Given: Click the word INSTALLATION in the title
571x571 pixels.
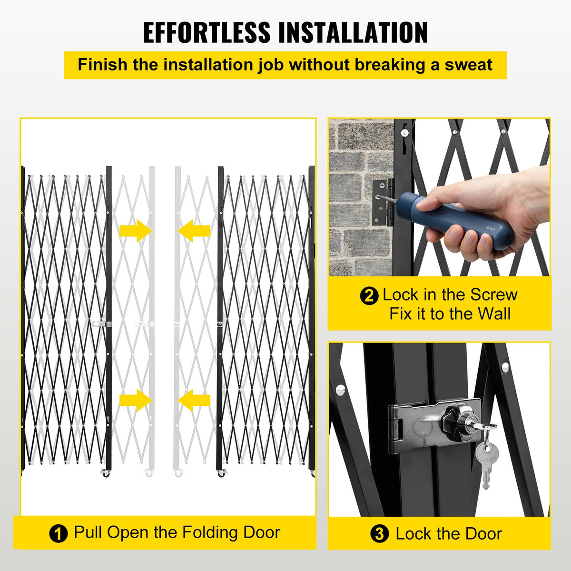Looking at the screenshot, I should coord(353,32).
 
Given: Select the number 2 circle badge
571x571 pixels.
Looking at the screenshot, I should coord(369,295).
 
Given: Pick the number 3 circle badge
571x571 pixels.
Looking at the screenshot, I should coord(379,534).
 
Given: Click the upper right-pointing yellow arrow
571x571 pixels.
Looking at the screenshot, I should coord(135,231).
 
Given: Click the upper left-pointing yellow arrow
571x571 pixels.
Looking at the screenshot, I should coord(194,231).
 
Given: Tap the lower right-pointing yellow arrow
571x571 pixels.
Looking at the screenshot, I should coord(135,400).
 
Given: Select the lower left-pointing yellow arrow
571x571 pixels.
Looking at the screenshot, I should coord(194,400).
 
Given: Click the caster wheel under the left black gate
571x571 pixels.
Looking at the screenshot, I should coord(106,474).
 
